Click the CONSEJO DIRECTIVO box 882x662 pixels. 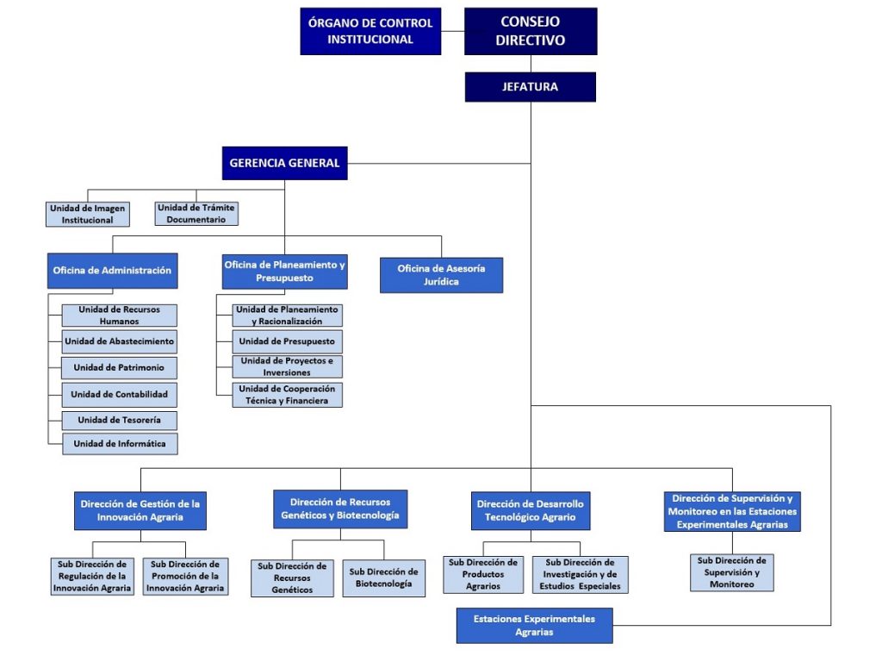(531, 31)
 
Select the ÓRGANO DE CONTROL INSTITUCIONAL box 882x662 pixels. (370, 31)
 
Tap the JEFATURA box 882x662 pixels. (531, 87)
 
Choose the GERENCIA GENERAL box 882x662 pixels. (285, 163)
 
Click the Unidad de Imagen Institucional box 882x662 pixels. (87, 215)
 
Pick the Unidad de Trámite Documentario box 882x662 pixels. (196, 214)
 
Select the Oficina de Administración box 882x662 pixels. (112, 271)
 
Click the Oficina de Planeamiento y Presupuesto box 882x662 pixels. (284, 272)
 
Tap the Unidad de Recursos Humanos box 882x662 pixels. (119, 315)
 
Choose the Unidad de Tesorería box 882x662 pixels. (119, 420)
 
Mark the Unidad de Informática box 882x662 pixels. (119, 444)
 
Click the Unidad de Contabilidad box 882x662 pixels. (119, 394)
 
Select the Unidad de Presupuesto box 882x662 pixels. (287, 341)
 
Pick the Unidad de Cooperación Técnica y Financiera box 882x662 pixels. (287, 395)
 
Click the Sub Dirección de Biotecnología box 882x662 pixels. (383, 578)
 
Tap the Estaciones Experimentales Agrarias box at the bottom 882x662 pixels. (534, 626)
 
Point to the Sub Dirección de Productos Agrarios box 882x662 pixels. (483, 575)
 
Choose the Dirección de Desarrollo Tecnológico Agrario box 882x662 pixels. (530, 510)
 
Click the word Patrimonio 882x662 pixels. (138, 368)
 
